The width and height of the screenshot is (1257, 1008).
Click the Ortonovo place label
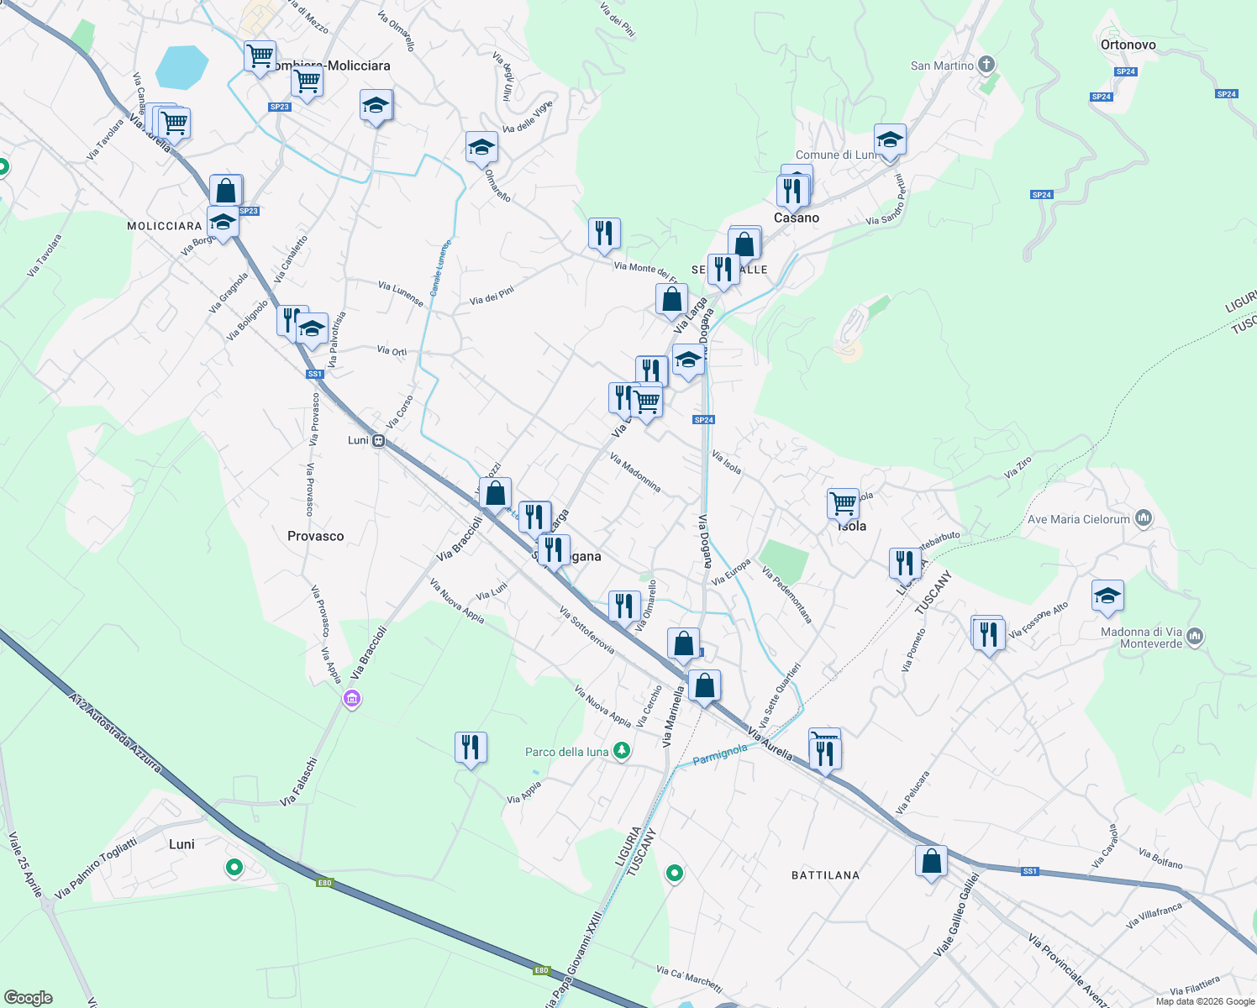point(1128,45)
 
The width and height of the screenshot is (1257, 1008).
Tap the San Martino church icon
point(986,65)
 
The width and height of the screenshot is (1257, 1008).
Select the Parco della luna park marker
point(621,750)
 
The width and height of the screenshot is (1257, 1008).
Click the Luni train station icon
point(379,440)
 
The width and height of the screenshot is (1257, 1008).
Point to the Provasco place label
point(315,536)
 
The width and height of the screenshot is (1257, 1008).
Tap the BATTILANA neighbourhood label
point(825,875)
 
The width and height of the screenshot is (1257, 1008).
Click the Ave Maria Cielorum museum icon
point(1143,518)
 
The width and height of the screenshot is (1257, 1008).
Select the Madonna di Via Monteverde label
point(1141,638)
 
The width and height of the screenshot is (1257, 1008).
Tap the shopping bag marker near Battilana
point(931,862)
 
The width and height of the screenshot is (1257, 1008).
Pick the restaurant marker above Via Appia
point(471,746)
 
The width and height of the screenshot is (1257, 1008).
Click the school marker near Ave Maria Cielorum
point(1107,596)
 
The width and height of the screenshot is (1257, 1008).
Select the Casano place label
point(796,218)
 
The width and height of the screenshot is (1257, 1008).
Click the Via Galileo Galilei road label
point(956,914)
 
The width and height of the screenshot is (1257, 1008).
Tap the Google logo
point(28,998)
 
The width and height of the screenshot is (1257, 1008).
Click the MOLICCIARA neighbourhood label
point(165,226)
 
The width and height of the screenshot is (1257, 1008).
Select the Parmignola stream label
point(719,753)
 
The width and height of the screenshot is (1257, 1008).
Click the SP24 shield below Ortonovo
point(1125,71)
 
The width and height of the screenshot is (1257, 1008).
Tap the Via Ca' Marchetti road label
point(689,978)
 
